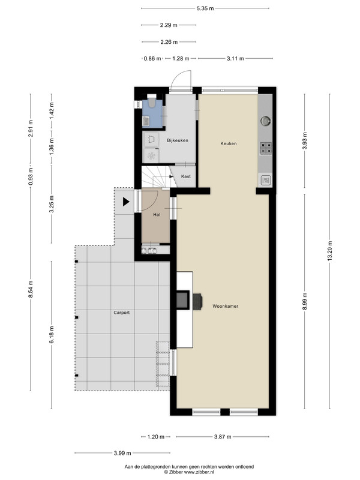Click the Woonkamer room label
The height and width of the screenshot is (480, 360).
pyautogui.click(x=226, y=306)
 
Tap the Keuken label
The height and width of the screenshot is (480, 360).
pyautogui.click(x=229, y=143)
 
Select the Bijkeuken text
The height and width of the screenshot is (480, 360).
pyautogui.click(x=178, y=140)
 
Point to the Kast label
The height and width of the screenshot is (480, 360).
pyautogui.click(x=186, y=176)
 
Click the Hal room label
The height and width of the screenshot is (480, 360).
pyautogui.click(x=157, y=215)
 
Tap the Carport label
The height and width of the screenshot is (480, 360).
pyautogui.click(x=122, y=313)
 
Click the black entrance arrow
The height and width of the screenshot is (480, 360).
pyautogui.click(x=126, y=202)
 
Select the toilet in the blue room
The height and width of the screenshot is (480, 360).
pyautogui.click(x=152, y=101)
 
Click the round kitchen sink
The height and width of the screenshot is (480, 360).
pyautogui.click(x=265, y=121)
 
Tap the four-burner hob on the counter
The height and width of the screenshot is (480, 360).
pyautogui.click(x=266, y=148)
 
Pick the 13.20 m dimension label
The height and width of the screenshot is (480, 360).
pyautogui.click(x=329, y=251)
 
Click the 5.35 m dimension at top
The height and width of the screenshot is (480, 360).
pyautogui.click(x=205, y=8)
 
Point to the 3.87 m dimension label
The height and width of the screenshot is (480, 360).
pyautogui.click(x=223, y=437)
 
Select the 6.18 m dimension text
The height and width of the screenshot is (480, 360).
pyautogui.click(x=52, y=335)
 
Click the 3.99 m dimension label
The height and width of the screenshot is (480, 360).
pyautogui.click(x=122, y=453)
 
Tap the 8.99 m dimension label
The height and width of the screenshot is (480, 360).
pyautogui.click(x=305, y=301)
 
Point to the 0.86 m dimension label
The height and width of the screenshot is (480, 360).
pyautogui.click(x=152, y=58)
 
